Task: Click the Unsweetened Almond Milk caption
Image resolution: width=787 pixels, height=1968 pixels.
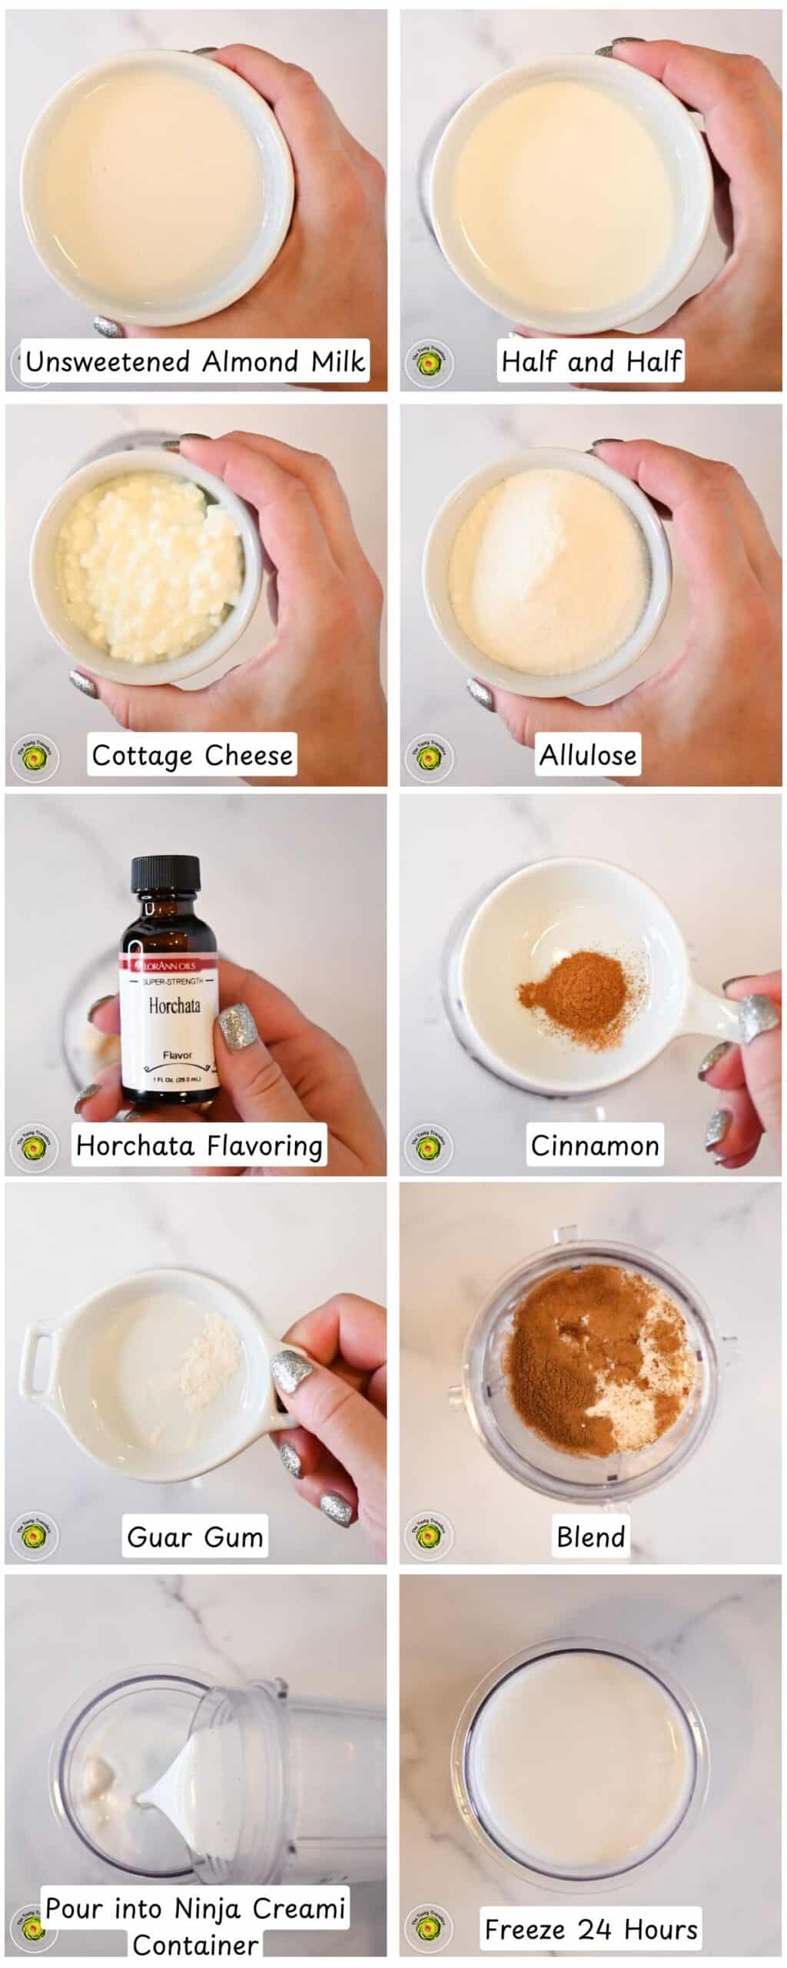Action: pos(194,361)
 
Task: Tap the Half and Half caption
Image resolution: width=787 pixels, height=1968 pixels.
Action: pos(590,361)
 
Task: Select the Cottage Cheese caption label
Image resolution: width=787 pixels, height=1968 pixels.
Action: pos(191,755)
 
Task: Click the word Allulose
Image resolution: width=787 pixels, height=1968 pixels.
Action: pos(588,755)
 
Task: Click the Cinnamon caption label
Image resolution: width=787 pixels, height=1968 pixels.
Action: pos(594,1145)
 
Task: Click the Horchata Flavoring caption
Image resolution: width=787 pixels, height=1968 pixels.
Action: pos(199,1145)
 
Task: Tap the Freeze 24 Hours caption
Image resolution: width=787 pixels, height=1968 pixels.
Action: pos(591,1929)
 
